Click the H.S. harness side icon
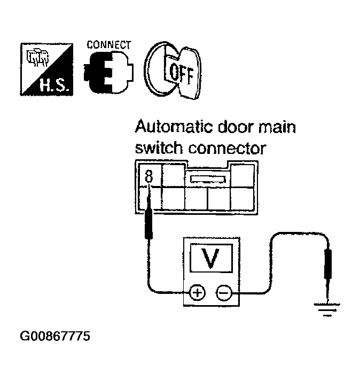point(47,69)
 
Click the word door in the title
point(234,128)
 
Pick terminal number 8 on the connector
point(148,174)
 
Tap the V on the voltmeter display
point(212,259)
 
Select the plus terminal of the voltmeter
point(197,292)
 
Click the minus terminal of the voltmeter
point(223,292)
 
